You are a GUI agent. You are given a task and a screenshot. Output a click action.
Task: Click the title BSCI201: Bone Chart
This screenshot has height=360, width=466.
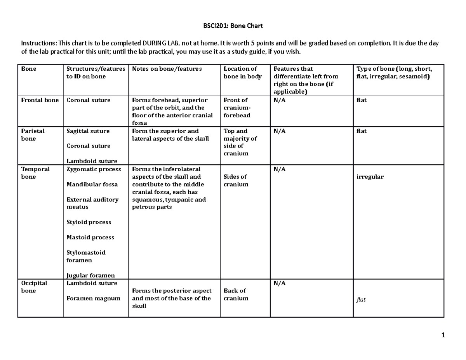click(x=233, y=26)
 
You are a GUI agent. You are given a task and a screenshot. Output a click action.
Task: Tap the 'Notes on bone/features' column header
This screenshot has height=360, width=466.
click(x=167, y=69)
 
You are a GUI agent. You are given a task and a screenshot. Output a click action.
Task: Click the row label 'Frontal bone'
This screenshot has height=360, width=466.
click(x=40, y=100)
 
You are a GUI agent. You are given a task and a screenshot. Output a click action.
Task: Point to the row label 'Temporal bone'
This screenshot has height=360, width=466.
click(x=35, y=173)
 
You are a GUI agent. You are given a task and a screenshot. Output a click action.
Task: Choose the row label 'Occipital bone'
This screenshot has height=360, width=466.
click(x=34, y=287)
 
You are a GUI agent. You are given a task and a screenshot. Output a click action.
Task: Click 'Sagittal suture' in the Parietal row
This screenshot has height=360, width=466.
click(x=88, y=131)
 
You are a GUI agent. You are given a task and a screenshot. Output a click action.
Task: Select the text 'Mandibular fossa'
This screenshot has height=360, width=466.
click(x=92, y=184)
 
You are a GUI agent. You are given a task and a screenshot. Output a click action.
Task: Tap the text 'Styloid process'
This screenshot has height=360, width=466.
click(x=89, y=222)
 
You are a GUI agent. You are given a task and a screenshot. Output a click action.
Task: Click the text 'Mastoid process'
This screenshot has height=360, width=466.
click(x=90, y=237)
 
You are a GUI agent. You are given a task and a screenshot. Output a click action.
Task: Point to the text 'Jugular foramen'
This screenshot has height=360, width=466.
click(x=90, y=275)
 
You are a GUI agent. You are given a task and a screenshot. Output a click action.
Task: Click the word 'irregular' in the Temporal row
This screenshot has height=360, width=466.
click(x=370, y=177)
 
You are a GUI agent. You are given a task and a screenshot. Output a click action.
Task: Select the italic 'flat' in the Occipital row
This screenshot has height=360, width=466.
click(x=361, y=300)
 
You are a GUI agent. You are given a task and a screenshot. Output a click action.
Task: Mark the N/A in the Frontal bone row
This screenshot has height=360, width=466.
click(x=279, y=100)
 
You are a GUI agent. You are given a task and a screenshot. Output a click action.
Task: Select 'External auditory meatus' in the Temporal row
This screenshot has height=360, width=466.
click(x=92, y=203)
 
